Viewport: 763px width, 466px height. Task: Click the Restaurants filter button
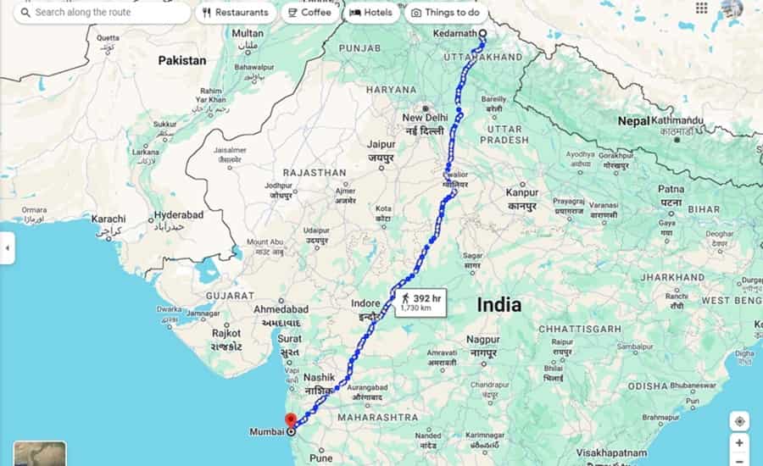click(x=235, y=13)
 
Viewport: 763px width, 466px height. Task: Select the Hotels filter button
click(x=370, y=13)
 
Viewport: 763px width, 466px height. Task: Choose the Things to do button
click(x=445, y=13)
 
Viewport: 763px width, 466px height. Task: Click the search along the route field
click(x=102, y=13)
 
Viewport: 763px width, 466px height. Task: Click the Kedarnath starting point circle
click(x=482, y=34)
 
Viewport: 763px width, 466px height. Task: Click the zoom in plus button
click(x=739, y=442)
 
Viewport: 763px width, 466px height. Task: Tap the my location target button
click(x=739, y=421)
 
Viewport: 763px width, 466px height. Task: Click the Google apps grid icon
click(x=701, y=8)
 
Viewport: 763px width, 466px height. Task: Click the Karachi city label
click(x=109, y=219)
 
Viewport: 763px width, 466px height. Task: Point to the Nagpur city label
click(x=482, y=340)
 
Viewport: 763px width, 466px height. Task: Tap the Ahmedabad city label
click(x=281, y=309)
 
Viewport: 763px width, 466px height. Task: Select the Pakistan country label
click(x=181, y=60)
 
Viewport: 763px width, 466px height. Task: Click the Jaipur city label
click(x=381, y=144)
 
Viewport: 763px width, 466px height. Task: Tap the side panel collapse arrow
click(x=7, y=248)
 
